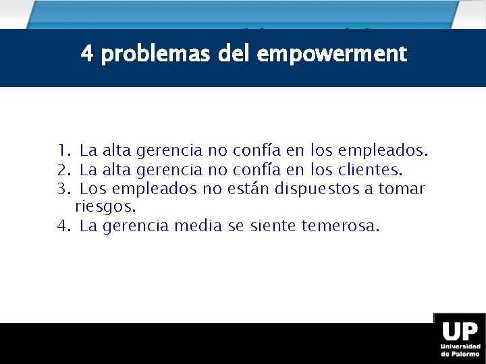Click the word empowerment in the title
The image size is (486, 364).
tap(331, 54)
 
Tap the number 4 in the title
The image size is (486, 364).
tap(86, 53)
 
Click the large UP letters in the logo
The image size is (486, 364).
tap(460, 332)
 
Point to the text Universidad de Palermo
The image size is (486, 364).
tap(460, 349)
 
